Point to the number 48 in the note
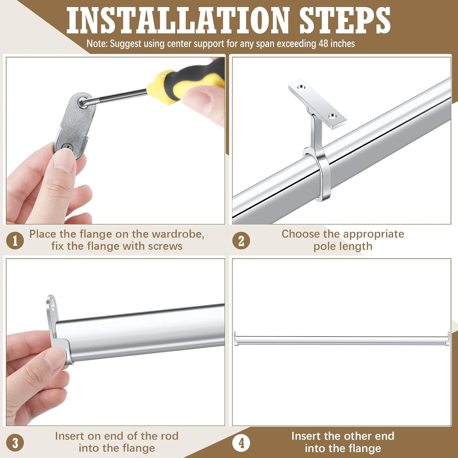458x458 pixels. (324, 43)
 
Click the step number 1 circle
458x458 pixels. (15, 240)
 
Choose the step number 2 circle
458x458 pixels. (241, 240)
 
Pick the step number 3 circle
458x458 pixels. (15, 442)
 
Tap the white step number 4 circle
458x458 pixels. (241, 442)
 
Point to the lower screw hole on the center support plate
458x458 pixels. (333, 116)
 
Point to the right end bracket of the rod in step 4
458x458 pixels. (448, 339)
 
